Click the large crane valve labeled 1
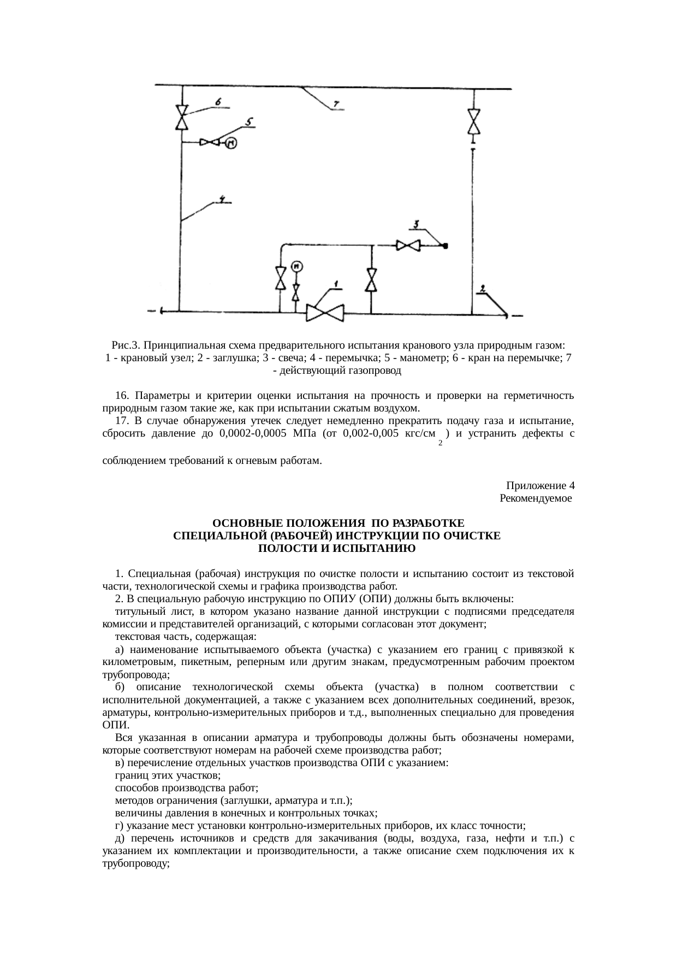(x=325, y=313)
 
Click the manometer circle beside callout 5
(x=231, y=143)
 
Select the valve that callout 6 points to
(x=181, y=117)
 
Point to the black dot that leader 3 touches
(x=446, y=246)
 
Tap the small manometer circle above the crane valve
(x=296, y=267)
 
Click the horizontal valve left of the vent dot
(x=408, y=246)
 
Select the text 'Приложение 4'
(x=539, y=485)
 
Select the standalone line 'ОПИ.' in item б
(x=112, y=725)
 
